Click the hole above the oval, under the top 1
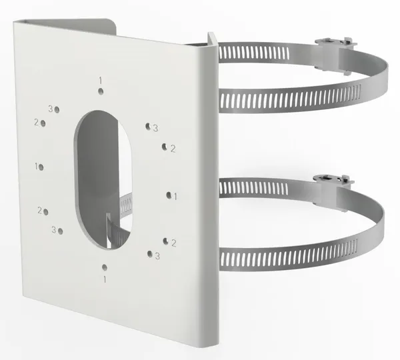point(101,91)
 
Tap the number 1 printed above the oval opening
point(101,81)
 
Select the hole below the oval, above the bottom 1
point(105,267)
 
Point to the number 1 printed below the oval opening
point(105,279)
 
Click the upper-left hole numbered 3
point(57,110)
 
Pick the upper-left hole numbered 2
point(43,123)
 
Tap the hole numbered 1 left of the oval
point(41,167)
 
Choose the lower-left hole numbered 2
point(46,212)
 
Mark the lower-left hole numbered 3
point(61,231)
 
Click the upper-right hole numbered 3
point(148,126)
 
